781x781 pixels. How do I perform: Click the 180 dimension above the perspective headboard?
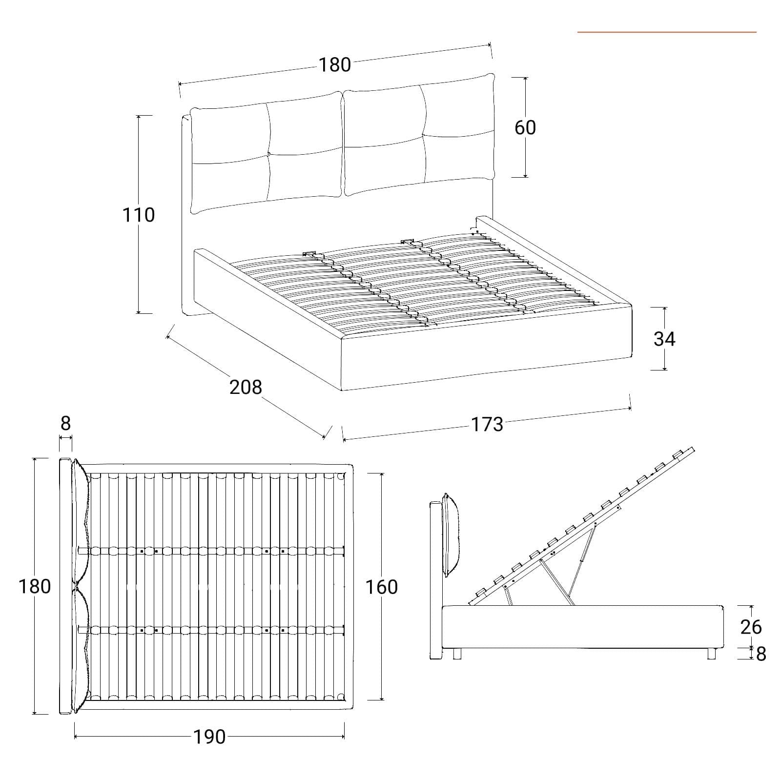[335, 64]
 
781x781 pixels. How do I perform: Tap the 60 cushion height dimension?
[525, 127]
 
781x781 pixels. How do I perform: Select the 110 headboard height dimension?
[139, 215]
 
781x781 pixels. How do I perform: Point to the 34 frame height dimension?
[664, 339]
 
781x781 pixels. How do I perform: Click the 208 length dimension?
[246, 387]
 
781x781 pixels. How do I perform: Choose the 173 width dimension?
[487, 425]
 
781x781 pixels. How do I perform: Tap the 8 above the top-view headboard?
[65, 423]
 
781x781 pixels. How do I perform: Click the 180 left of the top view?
[35, 586]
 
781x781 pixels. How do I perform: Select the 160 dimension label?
[382, 587]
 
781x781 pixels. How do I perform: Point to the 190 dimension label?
[210, 737]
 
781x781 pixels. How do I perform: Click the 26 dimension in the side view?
[751, 627]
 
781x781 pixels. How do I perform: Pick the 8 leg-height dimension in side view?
[761, 654]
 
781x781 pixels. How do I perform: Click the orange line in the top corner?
[667, 32]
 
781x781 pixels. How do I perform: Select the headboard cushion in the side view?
[451, 535]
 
